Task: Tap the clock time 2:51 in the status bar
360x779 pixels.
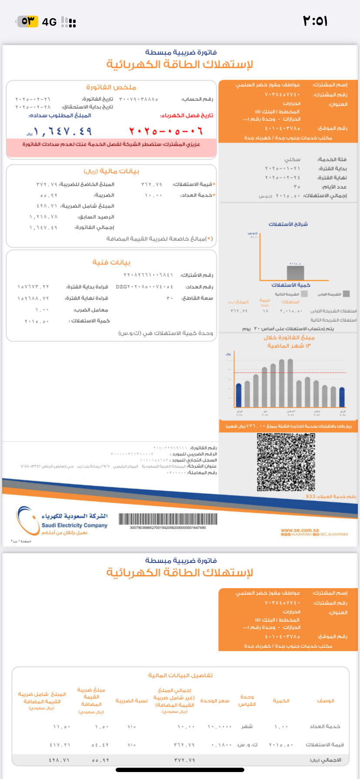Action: (315, 21)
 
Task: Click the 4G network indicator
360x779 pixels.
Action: (49, 22)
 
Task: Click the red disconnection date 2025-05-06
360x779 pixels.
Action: (166, 131)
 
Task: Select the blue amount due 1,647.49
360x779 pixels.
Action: (63, 131)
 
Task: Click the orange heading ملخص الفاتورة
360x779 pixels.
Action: (111, 87)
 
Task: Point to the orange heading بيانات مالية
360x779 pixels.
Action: (111, 171)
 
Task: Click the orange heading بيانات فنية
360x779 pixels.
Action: (111, 262)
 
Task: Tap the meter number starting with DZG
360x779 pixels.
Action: (144, 287)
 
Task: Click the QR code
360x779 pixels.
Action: (286, 462)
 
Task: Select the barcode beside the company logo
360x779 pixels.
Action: (168, 519)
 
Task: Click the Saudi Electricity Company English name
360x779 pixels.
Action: (74, 525)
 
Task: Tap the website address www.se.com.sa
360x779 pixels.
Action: (300, 530)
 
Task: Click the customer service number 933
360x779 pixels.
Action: (310, 496)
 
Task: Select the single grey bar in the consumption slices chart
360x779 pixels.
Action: (295, 273)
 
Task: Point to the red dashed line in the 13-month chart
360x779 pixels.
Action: (290, 373)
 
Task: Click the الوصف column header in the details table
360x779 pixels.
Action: (325, 700)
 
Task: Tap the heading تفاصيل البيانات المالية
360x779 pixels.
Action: (180, 675)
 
